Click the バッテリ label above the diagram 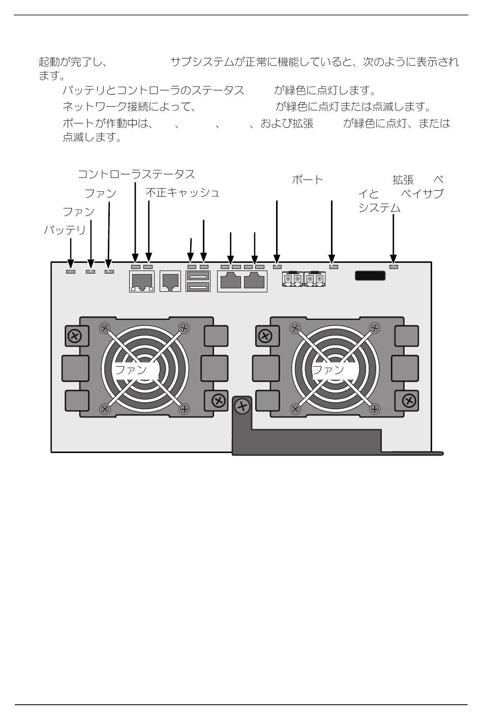pos(65,230)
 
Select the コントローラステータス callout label pos(136,174)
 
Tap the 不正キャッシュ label pos(182,193)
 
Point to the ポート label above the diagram pos(307,180)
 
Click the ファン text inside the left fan pos(131,370)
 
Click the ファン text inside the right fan pos(328,370)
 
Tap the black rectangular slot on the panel pos(370,276)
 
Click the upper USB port pos(198,276)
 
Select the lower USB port pos(198,286)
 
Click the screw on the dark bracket pos(243,406)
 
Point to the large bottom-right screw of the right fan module pos(409,401)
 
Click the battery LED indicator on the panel pos(71,272)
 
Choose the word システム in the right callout pos(379,208)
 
